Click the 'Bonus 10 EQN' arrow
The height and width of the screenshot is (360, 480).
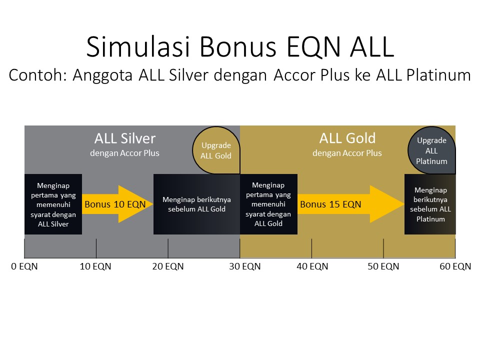(x=117, y=204)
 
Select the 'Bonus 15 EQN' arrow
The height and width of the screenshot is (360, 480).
(x=351, y=204)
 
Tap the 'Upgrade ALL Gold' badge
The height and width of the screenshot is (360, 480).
(x=216, y=150)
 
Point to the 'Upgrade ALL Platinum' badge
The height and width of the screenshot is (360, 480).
(x=431, y=150)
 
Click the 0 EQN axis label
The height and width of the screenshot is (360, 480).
(x=24, y=266)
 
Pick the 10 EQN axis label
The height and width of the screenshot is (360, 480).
(x=95, y=266)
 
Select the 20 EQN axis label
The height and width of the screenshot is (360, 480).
(x=168, y=266)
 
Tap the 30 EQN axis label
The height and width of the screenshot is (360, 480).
(x=245, y=266)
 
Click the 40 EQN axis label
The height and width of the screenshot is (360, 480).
(x=312, y=266)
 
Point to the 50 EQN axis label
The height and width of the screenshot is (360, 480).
(x=383, y=266)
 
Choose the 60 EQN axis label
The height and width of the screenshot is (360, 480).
(x=455, y=266)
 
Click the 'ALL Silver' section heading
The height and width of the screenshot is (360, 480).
(x=125, y=138)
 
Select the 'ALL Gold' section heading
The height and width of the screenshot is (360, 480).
(x=347, y=138)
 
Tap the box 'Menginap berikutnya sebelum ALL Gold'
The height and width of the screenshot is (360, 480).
(x=197, y=204)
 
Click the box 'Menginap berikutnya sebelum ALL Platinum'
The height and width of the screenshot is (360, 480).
(x=430, y=204)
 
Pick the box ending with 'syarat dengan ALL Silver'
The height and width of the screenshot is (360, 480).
(x=53, y=204)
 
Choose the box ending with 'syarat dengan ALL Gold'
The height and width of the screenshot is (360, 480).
(x=269, y=204)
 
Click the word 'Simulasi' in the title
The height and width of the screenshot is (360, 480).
(x=138, y=46)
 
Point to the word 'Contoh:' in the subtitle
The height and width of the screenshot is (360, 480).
(x=38, y=75)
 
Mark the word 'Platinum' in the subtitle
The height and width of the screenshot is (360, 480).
(x=438, y=75)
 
